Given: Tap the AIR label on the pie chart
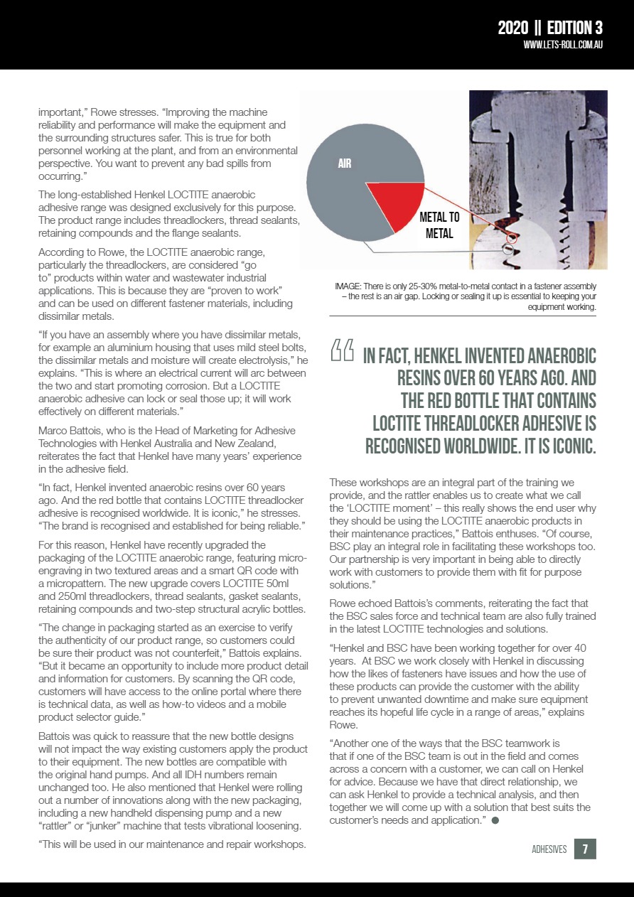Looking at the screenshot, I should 344,163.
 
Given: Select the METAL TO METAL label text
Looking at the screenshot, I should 439,225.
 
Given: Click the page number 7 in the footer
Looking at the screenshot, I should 585,849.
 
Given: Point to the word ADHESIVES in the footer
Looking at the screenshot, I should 549,849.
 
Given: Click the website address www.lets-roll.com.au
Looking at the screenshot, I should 563,45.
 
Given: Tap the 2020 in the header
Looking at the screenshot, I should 512,28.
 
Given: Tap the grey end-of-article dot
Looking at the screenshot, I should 494,821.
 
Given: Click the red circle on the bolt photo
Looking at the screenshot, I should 512,237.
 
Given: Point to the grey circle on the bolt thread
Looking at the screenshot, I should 507,249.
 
